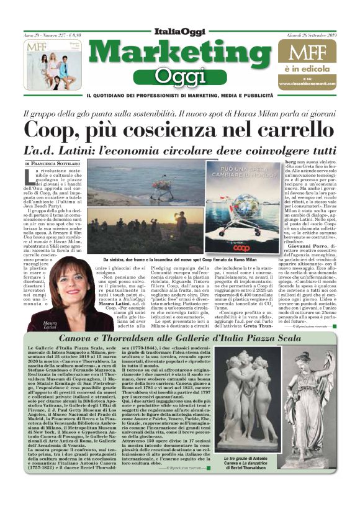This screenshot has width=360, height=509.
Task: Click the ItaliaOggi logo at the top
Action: [179, 33]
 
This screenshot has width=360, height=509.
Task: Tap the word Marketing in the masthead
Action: [180, 53]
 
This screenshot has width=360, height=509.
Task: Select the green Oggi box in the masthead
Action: [180, 75]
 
